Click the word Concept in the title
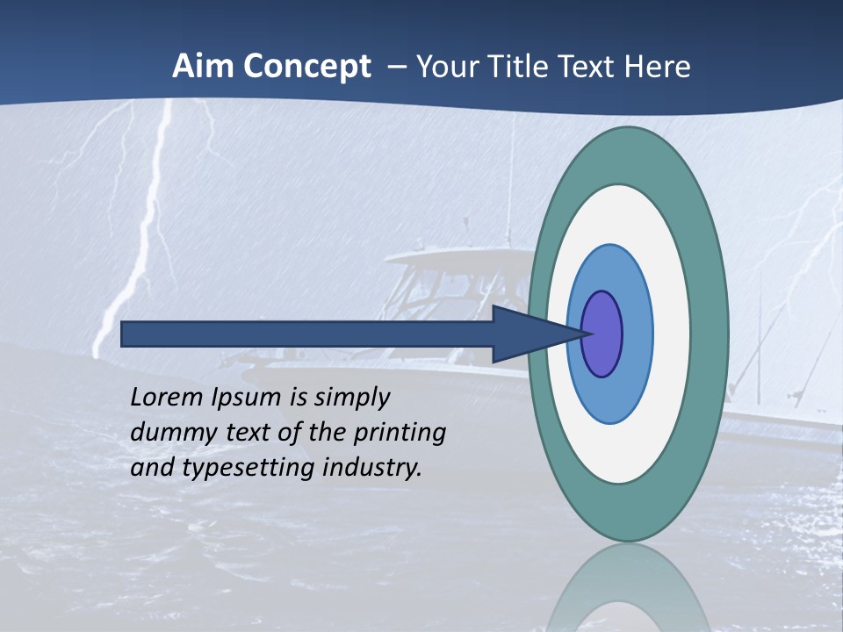click(305, 67)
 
